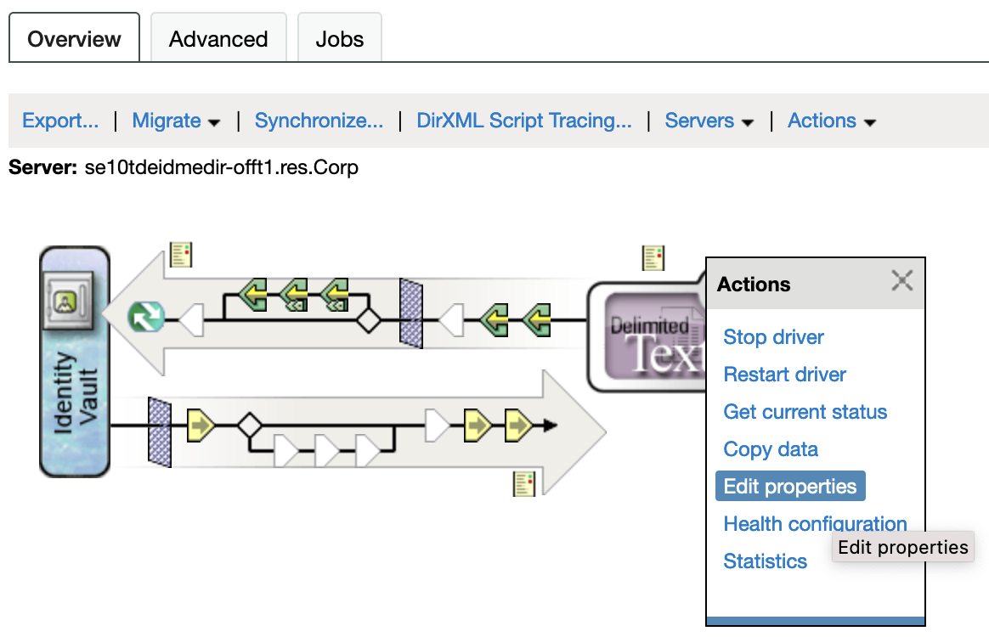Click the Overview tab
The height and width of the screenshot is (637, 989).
click(x=74, y=39)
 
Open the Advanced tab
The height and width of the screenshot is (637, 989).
click(x=218, y=39)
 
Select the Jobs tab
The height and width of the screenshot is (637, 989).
click(x=340, y=39)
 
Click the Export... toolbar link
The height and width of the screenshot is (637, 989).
click(x=60, y=121)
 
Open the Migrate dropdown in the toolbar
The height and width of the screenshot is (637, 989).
click(x=176, y=121)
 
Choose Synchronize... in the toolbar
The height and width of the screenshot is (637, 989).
click(x=319, y=121)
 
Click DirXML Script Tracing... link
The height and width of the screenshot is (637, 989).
click(x=523, y=121)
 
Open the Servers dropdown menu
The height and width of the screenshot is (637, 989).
click(x=709, y=121)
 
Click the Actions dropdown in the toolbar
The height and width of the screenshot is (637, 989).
click(x=831, y=121)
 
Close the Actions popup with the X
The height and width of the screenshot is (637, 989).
click(x=901, y=281)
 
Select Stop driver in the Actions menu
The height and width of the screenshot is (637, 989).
click(x=773, y=337)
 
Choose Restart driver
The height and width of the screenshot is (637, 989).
click(x=784, y=375)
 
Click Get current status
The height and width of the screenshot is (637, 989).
click(x=805, y=412)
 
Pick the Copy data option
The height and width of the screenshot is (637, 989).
click(x=771, y=449)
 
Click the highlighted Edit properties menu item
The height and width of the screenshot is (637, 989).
click(x=790, y=487)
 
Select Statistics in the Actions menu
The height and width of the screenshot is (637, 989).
click(x=765, y=561)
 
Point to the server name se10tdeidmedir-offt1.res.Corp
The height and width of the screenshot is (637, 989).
click(x=222, y=167)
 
